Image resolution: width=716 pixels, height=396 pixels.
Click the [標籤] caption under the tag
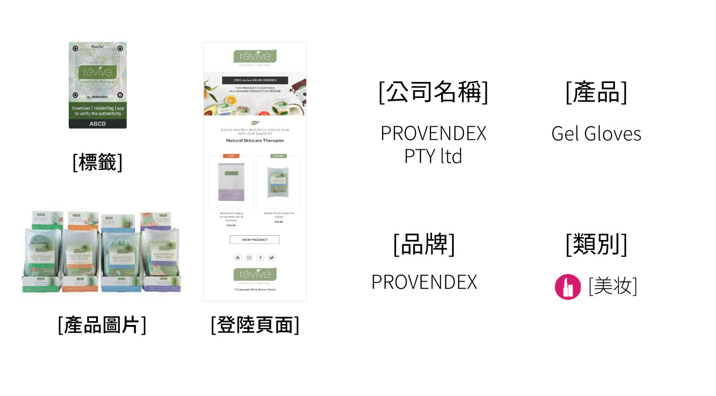click(98, 163)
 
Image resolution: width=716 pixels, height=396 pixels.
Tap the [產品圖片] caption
click(102, 325)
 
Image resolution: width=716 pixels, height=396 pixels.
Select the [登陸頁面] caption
click(255, 325)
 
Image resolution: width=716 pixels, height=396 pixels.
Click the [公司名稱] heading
click(433, 92)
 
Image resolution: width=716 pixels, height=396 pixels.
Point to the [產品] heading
click(596, 92)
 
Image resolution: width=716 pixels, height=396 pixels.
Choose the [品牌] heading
click(424, 244)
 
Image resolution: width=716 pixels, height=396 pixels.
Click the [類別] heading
click(596, 244)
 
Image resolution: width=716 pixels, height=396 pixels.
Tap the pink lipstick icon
click(568, 287)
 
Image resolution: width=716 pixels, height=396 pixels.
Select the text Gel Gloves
click(596, 134)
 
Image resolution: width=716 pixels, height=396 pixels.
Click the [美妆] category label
click(613, 287)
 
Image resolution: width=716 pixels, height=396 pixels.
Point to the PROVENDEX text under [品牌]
click(424, 282)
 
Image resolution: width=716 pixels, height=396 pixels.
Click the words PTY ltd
click(433, 156)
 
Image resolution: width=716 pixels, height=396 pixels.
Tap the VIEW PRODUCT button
click(255, 240)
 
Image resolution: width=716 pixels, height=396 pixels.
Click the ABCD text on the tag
click(98, 124)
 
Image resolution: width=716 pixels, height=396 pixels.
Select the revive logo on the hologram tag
click(98, 72)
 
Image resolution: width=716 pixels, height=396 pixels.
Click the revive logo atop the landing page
click(255, 57)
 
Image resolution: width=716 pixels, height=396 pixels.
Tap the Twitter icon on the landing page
click(272, 258)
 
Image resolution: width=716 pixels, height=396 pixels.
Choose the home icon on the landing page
click(237, 258)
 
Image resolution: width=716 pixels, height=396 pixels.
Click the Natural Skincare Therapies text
click(255, 141)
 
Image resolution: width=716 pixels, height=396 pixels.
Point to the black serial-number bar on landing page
click(255, 80)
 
